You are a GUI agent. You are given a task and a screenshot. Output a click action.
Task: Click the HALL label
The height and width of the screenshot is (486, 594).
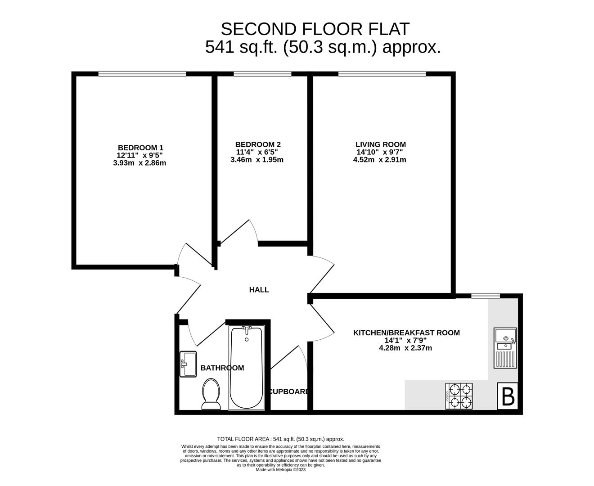(259, 290)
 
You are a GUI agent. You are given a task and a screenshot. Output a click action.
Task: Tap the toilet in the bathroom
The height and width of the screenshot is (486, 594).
(211, 394)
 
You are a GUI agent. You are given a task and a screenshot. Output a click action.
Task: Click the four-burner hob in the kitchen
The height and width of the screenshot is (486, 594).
(459, 396)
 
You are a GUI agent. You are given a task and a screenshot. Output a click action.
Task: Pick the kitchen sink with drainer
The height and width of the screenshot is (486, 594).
(505, 348)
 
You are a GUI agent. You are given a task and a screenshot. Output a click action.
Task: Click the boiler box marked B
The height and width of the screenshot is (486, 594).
(508, 396)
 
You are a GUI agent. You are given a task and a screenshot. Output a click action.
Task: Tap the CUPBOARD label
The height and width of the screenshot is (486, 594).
(289, 391)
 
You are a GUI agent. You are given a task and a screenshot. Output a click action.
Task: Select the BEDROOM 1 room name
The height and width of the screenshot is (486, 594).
(140, 148)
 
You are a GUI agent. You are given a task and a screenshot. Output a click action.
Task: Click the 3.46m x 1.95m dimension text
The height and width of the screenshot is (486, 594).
(257, 160)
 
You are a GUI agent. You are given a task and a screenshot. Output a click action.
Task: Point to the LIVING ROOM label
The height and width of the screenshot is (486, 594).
(381, 144)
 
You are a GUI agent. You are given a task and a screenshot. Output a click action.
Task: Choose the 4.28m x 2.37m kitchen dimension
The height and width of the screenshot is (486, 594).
(406, 348)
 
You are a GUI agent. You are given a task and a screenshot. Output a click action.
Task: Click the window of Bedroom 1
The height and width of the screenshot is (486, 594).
(142, 74)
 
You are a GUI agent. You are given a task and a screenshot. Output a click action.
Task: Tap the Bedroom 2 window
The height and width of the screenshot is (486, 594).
(262, 74)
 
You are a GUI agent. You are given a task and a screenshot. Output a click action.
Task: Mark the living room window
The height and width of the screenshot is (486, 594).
(382, 74)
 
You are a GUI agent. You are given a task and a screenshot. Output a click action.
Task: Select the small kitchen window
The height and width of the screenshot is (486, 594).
(486, 296)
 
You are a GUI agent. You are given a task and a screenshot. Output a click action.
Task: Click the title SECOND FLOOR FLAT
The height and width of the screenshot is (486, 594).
(315, 29)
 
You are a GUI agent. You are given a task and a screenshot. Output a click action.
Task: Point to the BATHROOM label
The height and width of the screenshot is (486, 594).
(222, 368)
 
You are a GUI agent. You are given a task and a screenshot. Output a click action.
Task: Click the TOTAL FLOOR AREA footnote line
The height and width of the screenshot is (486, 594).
(280, 439)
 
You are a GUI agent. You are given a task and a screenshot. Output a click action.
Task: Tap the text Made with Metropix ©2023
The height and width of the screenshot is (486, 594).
(280, 469)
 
